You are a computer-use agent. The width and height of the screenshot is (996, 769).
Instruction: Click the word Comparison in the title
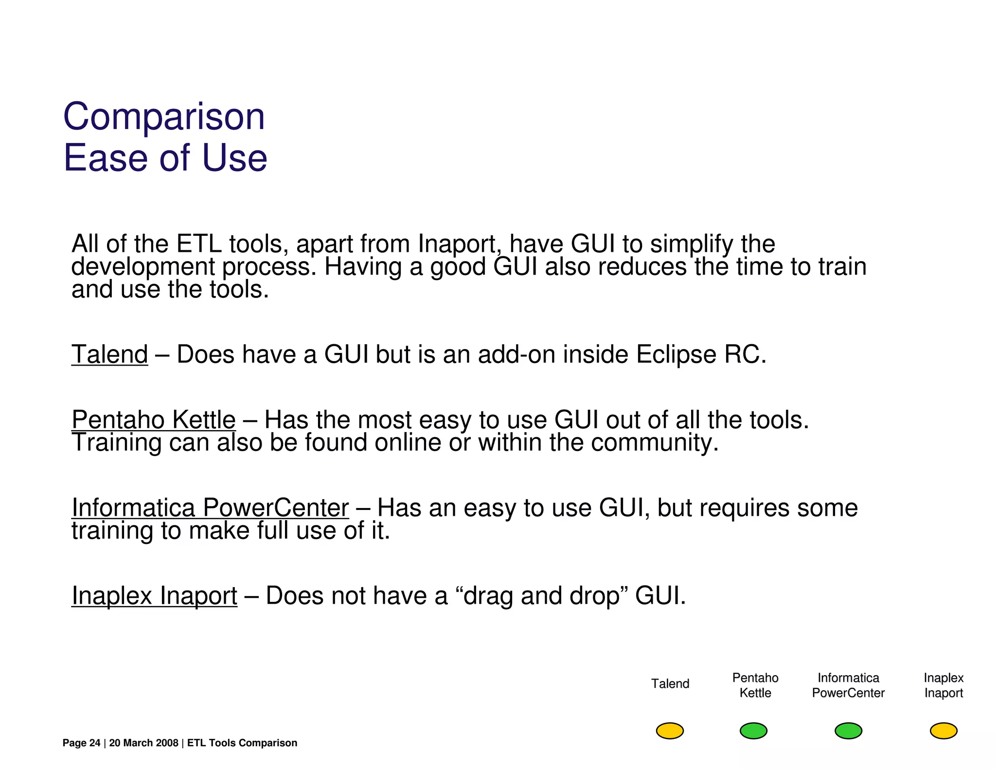(164, 117)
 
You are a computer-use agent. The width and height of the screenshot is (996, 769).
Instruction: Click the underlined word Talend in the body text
(109, 354)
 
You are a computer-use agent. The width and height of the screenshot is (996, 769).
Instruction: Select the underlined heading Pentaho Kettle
(153, 419)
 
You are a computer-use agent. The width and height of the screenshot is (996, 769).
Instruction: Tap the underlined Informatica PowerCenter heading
(210, 507)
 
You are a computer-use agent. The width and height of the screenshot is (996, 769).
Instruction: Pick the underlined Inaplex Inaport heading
(154, 595)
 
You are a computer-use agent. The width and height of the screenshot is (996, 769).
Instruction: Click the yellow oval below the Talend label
(670, 731)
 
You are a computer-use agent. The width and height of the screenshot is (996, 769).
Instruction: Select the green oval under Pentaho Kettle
(753, 731)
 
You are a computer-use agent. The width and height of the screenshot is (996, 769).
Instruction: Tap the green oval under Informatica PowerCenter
(848, 731)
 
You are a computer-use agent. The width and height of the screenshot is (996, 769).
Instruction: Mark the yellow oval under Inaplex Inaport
(943, 731)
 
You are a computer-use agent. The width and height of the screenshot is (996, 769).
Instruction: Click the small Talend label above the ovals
(670, 684)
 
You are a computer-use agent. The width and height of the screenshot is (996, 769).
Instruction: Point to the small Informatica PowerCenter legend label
(848, 685)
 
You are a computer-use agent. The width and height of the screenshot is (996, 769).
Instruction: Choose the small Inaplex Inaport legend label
(943, 685)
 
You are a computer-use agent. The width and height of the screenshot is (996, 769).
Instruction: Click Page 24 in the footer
(81, 743)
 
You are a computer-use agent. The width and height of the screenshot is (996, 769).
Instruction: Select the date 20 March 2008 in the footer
(143, 743)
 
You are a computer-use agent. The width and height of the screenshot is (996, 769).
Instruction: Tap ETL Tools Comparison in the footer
(242, 743)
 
